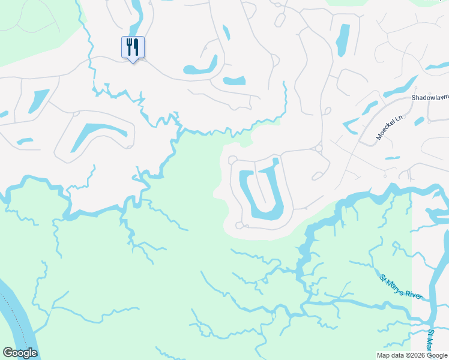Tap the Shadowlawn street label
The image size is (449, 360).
pyautogui.click(x=430, y=97)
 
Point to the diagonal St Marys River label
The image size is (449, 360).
pyautogui.click(x=402, y=287)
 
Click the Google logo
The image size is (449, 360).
pyautogui.click(x=20, y=353)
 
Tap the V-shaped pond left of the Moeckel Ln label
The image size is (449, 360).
pyautogui.click(x=353, y=123)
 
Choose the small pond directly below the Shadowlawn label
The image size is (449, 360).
pyautogui.click(x=418, y=121)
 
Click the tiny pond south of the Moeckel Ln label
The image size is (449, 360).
pyautogui.click(x=392, y=158)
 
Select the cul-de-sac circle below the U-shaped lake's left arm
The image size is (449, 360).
pyautogui.click(x=240, y=226)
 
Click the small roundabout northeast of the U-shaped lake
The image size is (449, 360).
pyautogui.click(x=318, y=148)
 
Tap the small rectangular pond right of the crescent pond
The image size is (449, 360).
pyautogui.click(x=234, y=80)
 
